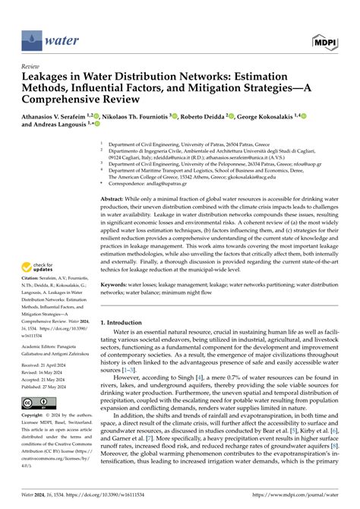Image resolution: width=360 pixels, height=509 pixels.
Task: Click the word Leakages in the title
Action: tap(47, 77)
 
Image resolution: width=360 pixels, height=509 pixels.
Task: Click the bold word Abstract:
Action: tap(113, 198)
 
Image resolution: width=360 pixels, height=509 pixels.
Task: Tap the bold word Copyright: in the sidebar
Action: tap(36, 416)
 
